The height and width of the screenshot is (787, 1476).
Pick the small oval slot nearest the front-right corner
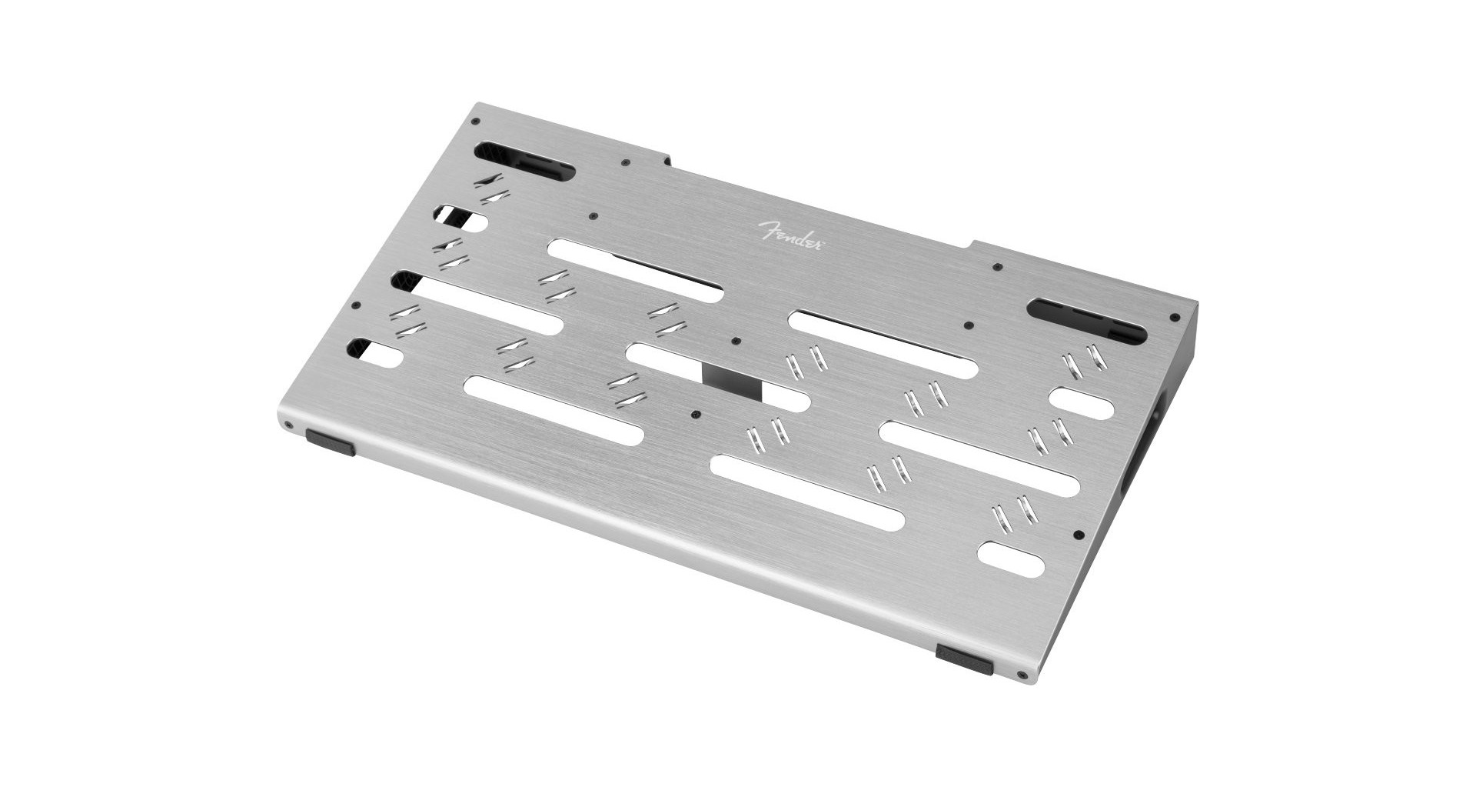click(1012, 559)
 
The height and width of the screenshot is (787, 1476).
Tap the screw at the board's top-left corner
click(477, 122)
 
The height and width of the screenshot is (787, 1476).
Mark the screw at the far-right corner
click(1173, 316)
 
